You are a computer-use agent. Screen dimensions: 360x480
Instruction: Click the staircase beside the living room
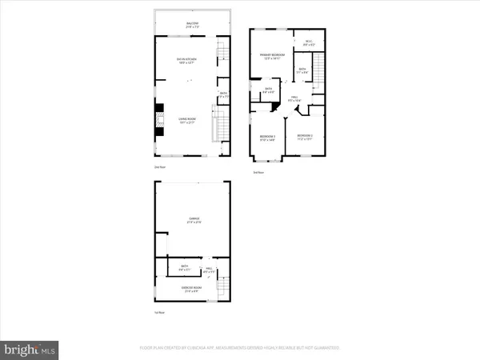coord(214,127)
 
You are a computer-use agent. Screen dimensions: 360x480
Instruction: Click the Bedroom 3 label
coord(267,138)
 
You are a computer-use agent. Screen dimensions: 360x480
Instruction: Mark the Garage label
coord(193,222)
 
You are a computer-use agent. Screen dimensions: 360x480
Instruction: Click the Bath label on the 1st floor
coord(185,269)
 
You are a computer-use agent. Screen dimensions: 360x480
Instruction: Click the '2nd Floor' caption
coord(160,167)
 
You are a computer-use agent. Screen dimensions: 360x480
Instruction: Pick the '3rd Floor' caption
coord(258,172)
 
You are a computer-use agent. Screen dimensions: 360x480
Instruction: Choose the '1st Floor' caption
coord(160,313)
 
